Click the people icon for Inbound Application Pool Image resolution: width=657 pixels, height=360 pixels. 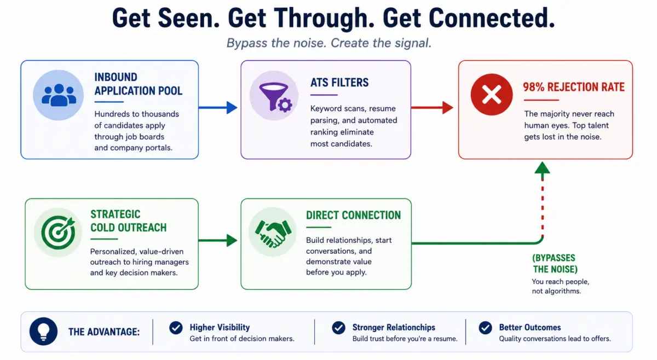(59, 95)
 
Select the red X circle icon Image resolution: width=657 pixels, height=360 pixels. (492, 95)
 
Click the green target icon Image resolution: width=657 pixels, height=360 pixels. (58, 233)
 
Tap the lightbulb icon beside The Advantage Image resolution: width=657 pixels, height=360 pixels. (43, 331)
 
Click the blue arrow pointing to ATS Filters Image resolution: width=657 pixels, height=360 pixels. (218, 108)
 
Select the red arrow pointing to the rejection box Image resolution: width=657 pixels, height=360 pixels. (432, 108)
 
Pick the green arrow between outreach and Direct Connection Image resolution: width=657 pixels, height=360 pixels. (218, 240)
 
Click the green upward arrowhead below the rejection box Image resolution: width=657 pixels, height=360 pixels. (543, 168)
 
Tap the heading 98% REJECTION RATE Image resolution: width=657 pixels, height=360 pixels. (574, 87)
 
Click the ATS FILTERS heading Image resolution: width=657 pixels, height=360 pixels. (339, 83)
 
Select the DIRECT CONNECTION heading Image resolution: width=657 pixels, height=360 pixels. (354, 215)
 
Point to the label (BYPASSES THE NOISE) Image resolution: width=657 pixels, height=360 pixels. (555, 264)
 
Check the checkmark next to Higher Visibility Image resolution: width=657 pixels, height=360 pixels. (176, 328)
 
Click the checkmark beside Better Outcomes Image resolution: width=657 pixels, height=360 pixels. (486, 328)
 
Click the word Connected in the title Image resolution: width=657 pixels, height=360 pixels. (492, 18)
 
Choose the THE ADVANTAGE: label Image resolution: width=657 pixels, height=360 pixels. (104, 332)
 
